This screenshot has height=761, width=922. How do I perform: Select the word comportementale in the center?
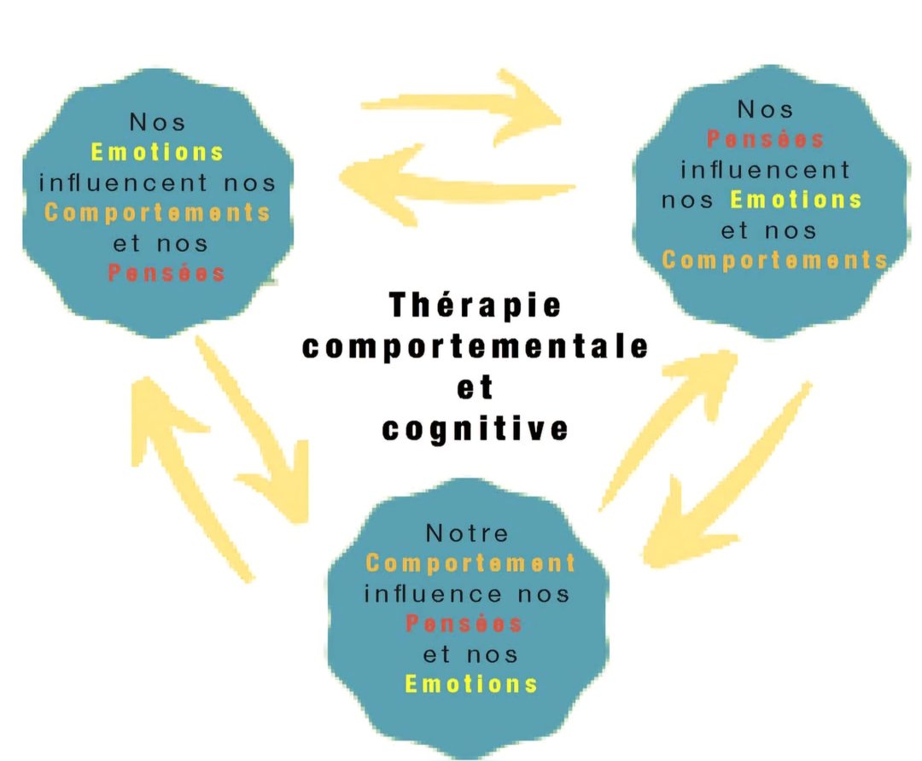[x=476, y=348]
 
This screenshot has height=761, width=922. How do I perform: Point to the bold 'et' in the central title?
[x=476, y=387]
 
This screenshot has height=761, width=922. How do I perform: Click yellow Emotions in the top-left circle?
[x=157, y=154]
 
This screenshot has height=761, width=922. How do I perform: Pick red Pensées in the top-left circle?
[x=167, y=273]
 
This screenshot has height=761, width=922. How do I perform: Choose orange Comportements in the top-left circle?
[x=158, y=212]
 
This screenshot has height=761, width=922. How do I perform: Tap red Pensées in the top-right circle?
[x=766, y=139]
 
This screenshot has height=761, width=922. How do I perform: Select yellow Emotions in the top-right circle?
[x=797, y=200]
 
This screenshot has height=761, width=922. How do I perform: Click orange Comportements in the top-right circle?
[x=774, y=260]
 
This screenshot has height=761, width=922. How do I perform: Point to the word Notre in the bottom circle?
[x=467, y=534]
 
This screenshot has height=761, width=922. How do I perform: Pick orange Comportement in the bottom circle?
[x=470, y=564]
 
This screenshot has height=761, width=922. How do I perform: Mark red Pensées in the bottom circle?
[x=464, y=624]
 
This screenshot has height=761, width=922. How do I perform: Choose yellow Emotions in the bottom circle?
[x=471, y=684]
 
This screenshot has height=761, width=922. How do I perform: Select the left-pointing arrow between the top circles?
[x=452, y=182]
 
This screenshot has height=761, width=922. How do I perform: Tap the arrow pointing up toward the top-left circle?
[x=184, y=469]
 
